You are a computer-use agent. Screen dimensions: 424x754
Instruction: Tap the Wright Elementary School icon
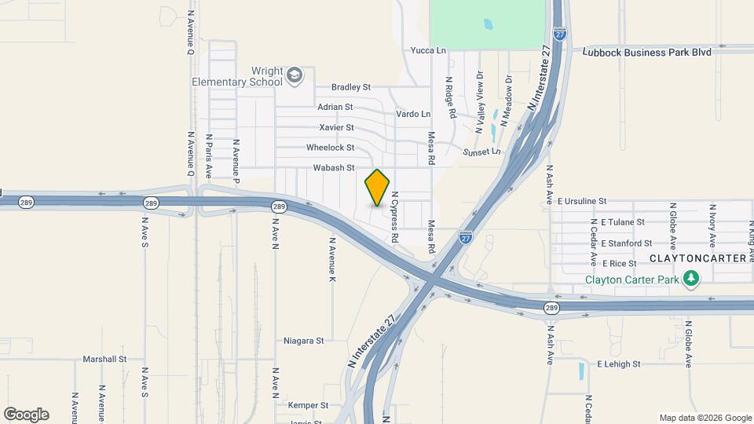295,75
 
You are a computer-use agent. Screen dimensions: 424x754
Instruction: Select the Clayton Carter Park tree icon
691,280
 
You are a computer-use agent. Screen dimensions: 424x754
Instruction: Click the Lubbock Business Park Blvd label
647,51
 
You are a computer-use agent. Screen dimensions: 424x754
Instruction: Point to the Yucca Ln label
428,51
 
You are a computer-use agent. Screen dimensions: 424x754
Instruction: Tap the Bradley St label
350,87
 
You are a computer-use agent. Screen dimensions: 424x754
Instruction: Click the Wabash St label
334,168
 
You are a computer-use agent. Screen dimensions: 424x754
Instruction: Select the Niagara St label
304,341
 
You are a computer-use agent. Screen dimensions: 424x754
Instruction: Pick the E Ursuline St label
582,202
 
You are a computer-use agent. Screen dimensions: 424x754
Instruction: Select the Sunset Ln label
481,152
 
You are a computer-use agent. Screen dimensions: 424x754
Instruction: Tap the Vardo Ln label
413,115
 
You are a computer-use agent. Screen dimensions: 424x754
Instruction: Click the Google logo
26,415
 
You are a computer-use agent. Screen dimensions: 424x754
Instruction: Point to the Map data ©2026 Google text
705,418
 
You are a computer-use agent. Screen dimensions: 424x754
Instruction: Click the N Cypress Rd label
395,217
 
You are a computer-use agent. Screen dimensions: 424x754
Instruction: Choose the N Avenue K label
333,260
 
